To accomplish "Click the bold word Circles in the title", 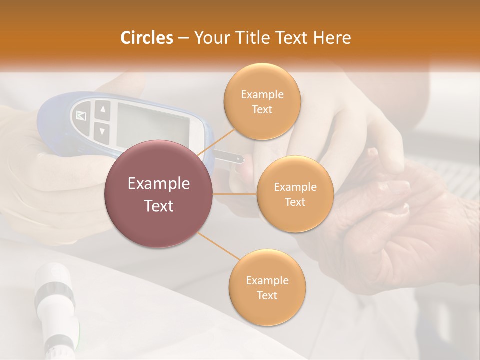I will coord(147,38).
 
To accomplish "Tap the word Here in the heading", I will coord(332,38).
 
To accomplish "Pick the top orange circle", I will coord(262,101).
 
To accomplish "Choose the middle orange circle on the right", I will coord(295,194).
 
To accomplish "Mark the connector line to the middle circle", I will coord(235,194).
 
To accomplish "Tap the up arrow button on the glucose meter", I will coord(102,109).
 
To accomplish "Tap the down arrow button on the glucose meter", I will coord(102,131).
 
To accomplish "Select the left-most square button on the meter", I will coord(81,116).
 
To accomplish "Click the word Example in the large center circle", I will coord(159,184).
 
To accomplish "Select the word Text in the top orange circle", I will coord(262,110).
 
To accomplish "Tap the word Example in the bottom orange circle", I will coord(267,280).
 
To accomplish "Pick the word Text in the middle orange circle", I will coord(295,202).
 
